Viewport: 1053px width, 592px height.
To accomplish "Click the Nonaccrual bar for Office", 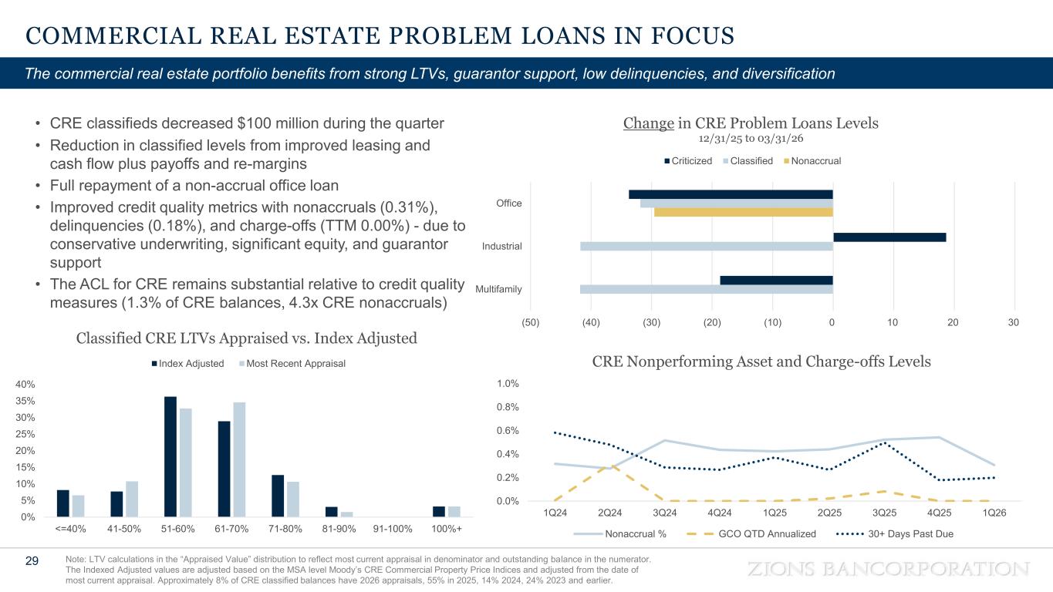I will click(x=743, y=212).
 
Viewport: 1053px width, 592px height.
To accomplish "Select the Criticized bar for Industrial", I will click(x=889, y=237).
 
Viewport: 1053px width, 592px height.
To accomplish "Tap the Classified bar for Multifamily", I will click(x=706, y=289).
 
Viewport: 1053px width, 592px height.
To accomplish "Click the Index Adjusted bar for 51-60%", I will click(x=170, y=456).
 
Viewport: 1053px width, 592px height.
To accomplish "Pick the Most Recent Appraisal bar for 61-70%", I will click(x=239, y=459).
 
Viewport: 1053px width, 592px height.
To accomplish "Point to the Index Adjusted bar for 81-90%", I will click(x=332, y=511).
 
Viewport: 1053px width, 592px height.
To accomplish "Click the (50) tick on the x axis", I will click(x=531, y=321).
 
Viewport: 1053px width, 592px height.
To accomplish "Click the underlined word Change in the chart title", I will click(x=648, y=123).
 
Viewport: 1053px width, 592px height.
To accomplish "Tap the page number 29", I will click(x=32, y=561).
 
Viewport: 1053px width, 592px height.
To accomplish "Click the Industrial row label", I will click(x=501, y=247).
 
